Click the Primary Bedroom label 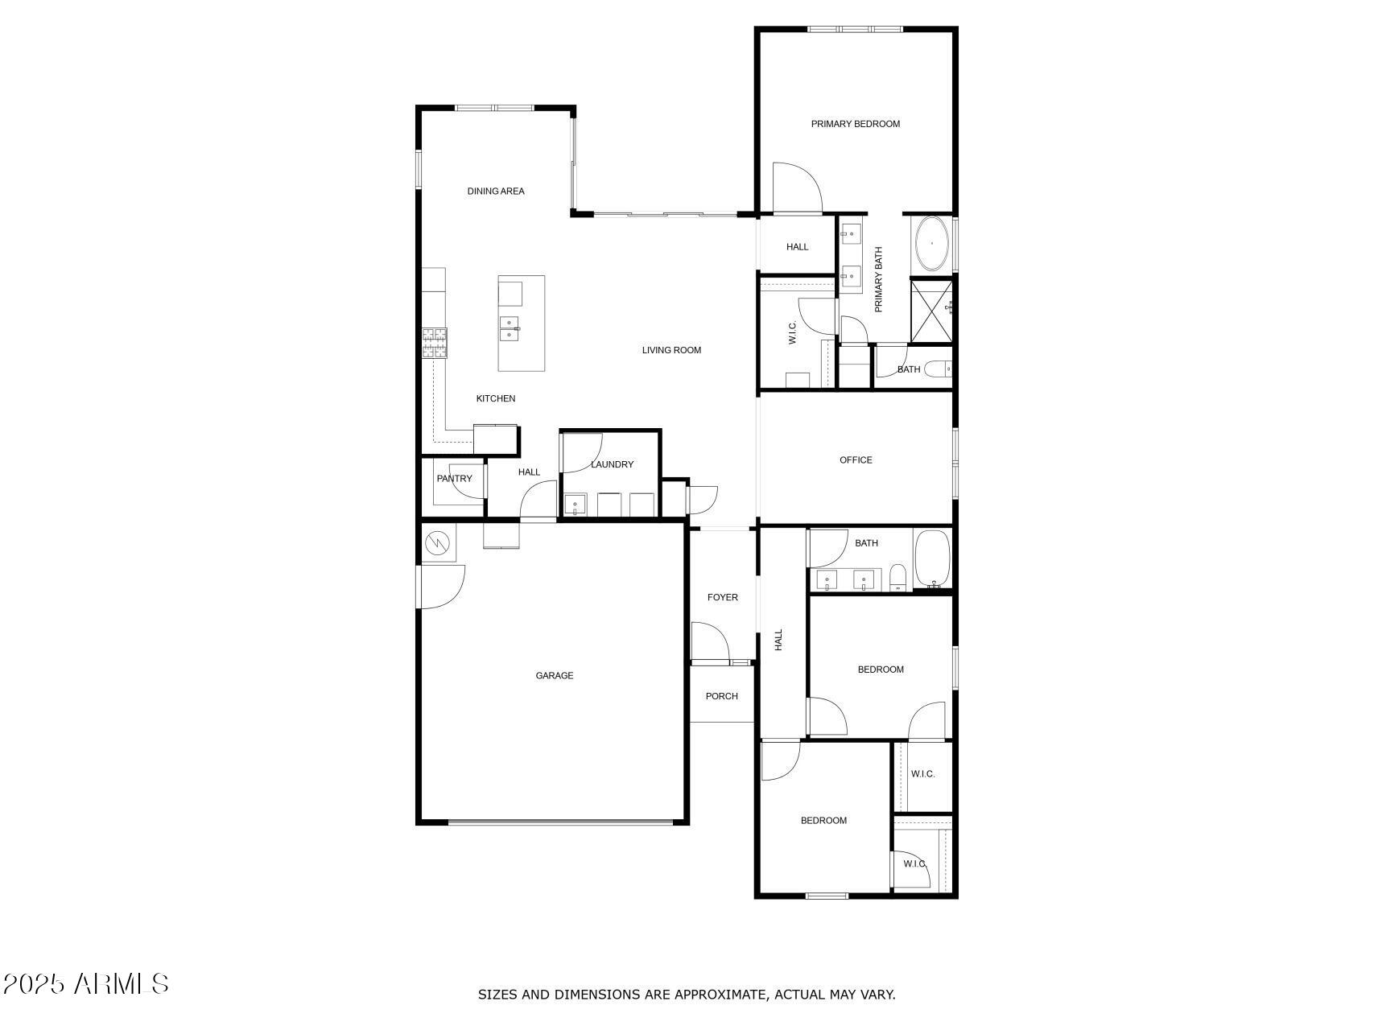(x=855, y=124)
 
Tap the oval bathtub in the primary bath (x=932, y=243)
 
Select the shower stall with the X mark (x=931, y=311)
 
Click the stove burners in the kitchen (x=435, y=343)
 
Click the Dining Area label (x=496, y=192)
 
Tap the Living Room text (x=671, y=350)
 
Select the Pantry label (x=455, y=479)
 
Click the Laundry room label (x=612, y=464)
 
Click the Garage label (x=555, y=676)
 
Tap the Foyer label (x=723, y=597)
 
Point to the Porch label (x=722, y=696)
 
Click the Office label (x=856, y=460)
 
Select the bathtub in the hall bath (x=932, y=559)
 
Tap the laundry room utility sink (x=576, y=505)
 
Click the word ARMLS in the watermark (x=122, y=983)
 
